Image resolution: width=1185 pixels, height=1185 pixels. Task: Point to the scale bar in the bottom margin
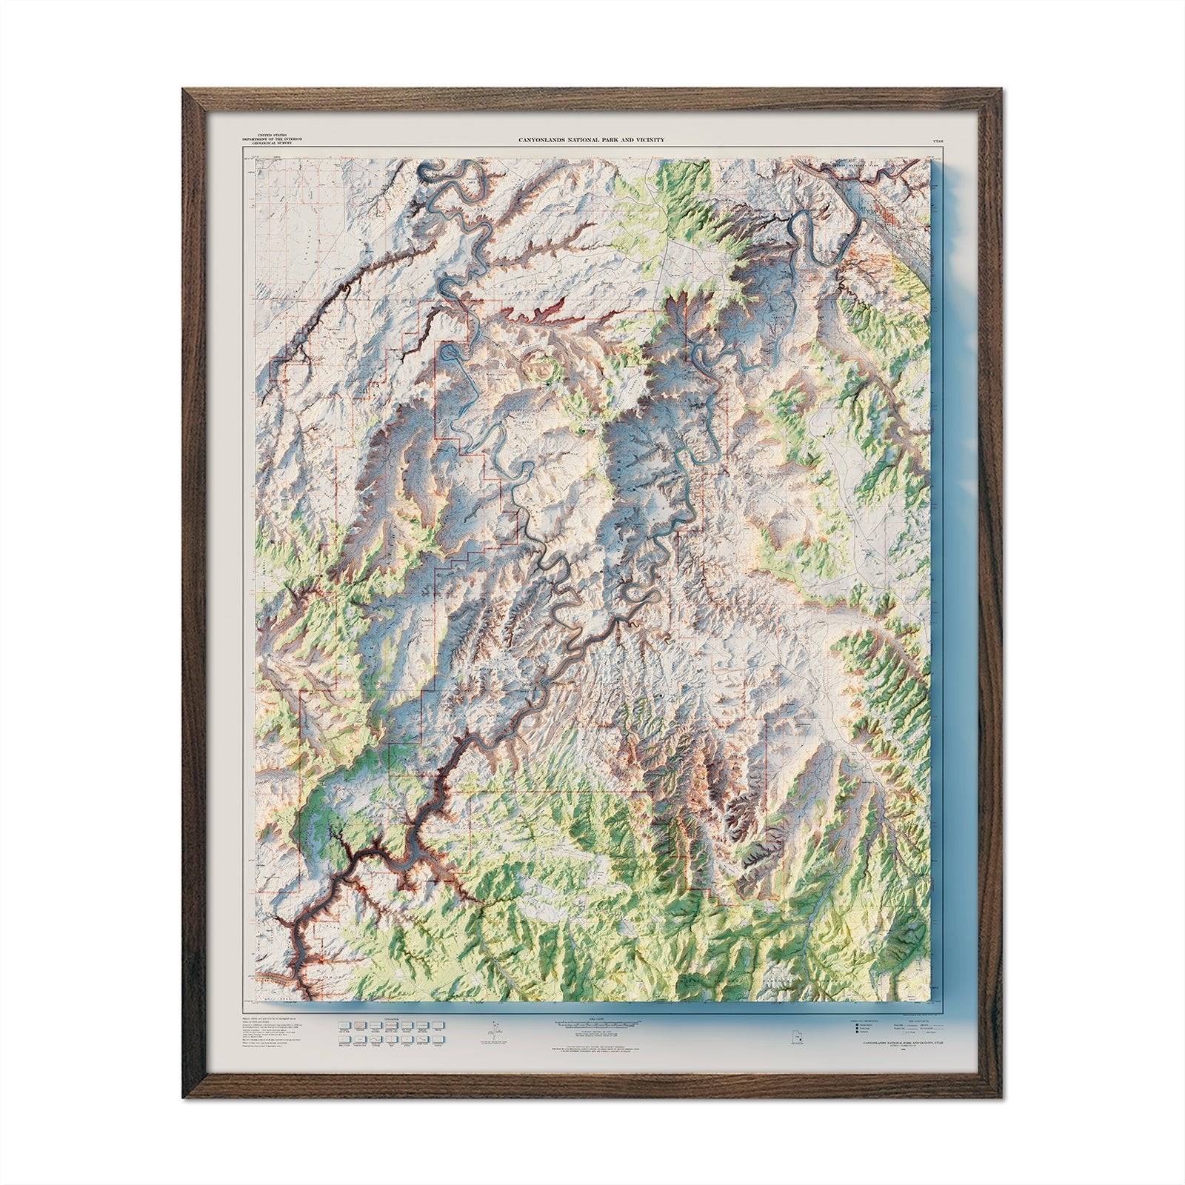tap(592, 1023)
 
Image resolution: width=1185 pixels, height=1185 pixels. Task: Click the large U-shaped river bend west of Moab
tap(804, 237)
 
